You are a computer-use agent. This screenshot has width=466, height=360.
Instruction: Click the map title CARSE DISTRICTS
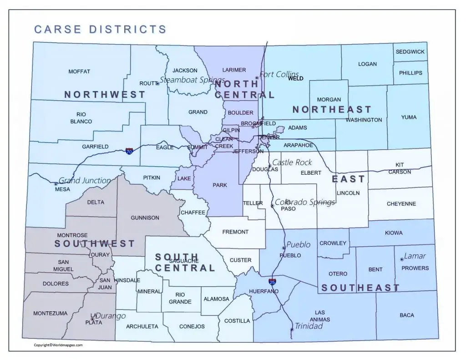coord(100,30)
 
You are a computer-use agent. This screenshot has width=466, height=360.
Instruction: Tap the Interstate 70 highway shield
coord(130,151)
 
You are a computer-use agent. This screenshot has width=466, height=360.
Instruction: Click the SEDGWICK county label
coord(410,52)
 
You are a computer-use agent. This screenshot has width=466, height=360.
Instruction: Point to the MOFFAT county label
coord(79,71)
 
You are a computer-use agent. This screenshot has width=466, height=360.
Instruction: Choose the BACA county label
coord(406,315)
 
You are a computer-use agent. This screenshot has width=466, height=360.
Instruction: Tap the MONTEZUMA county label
coord(50,313)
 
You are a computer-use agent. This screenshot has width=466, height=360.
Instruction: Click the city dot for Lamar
coord(402,259)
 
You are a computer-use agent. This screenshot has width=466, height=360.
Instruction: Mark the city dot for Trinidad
coord(292,330)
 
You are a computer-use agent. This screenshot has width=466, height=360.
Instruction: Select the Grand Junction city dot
coord(56,184)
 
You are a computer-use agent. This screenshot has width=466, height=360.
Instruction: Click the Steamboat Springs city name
coord(192,80)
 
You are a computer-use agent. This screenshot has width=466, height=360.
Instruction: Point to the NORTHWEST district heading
coord(105,95)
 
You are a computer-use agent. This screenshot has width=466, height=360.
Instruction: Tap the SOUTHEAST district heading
coord(360,288)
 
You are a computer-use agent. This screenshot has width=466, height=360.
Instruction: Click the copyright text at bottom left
coord(58,345)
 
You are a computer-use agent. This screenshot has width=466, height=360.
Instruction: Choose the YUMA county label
coord(409,117)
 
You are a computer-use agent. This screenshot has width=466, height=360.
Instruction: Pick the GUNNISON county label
coord(145,218)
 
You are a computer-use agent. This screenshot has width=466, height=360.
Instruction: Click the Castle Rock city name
coord(292,162)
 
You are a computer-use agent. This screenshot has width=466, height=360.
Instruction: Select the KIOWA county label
coord(394,233)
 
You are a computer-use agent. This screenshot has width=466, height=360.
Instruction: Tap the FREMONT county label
coord(235,232)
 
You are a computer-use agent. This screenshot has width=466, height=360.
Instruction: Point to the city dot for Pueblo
coord(284,248)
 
